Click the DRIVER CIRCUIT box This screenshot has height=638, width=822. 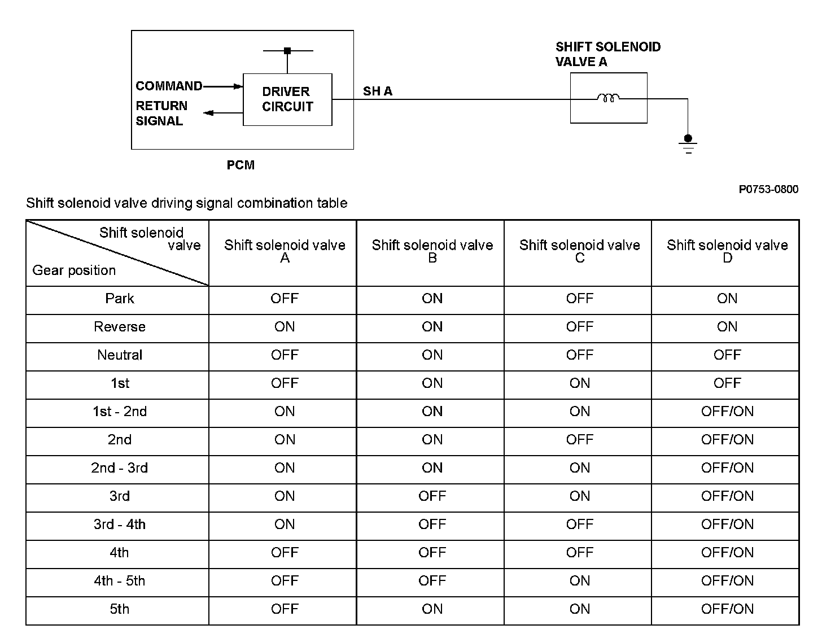(287, 99)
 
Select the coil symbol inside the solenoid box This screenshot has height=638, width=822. (608, 98)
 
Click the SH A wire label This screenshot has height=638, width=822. (378, 91)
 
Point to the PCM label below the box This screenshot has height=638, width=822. (241, 165)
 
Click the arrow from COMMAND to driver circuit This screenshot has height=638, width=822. (223, 86)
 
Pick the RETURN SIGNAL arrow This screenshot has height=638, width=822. (223, 113)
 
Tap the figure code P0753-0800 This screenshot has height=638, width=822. (768, 190)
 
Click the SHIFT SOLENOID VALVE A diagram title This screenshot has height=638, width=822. (607, 54)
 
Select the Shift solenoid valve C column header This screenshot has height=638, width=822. (579, 251)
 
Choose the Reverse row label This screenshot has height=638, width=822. (120, 327)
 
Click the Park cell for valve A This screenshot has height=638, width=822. (285, 299)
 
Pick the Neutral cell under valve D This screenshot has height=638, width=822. (727, 355)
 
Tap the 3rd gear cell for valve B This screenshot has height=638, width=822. (432, 496)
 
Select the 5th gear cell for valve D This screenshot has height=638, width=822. (727, 609)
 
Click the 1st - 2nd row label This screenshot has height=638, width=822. (120, 412)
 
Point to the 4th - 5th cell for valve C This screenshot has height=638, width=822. (579, 581)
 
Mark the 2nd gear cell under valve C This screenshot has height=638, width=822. (579, 440)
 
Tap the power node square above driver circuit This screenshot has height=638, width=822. (287, 51)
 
